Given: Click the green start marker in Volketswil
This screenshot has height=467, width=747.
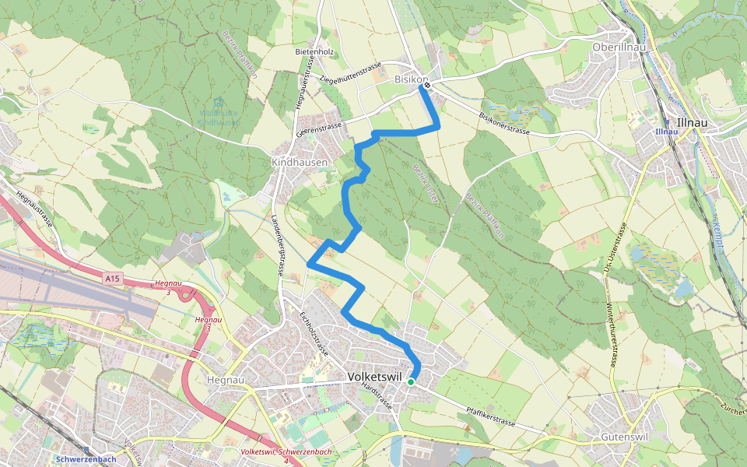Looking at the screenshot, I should point(411,382).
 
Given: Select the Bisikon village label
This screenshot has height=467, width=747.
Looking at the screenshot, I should point(410,79).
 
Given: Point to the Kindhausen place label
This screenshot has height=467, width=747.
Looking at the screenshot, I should point(300,162).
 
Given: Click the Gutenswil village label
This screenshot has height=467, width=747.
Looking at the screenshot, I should point(625,437).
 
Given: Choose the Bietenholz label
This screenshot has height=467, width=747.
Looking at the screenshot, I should point(314,52).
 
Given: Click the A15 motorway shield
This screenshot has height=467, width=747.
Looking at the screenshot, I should point(112,278).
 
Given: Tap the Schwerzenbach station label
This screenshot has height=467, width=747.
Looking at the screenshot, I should point(86,459).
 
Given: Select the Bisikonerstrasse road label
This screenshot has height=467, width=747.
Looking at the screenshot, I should point(504,122).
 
